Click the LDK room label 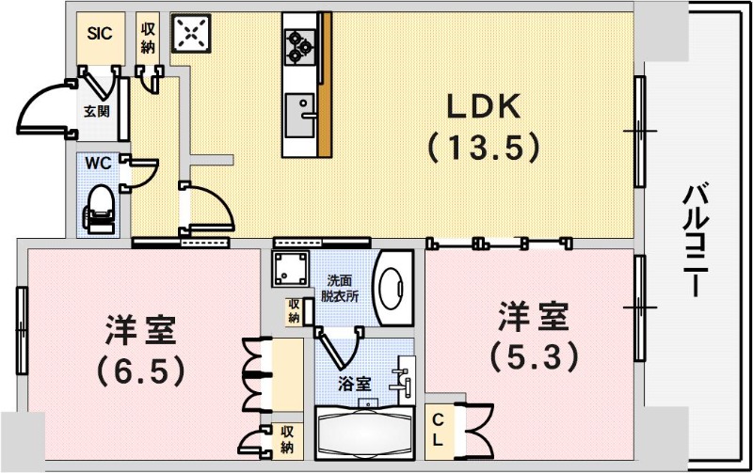pyautogui.click(x=484, y=108)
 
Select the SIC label pyautogui.click(x=100, y=33)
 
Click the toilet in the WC pyautogui.click(x=99, y=208)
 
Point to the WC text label pyautogui.click(x=99, y=163)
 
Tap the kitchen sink pyautogui.click(x=300, y=115)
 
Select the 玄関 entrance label pyautogui.click(x=97, y=111)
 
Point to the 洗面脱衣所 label pyautogui.click(x=342, y=288)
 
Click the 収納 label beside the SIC pyautogui.click(x=148, y=38)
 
